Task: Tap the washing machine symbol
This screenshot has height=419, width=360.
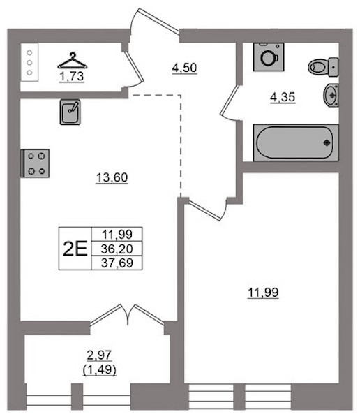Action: [269, 57]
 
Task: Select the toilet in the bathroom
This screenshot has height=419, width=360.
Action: [323, 67]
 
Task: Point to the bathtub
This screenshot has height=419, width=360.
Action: [296, 142]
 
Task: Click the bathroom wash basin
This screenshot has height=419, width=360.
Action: [331, 95]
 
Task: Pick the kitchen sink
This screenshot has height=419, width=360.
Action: [70, 112]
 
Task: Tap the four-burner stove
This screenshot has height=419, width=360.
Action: [35, 163]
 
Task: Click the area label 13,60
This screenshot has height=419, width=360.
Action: [112, 177]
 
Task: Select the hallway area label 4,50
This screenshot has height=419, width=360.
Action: [185, 68]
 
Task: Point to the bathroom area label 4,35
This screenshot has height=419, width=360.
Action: [283, 97]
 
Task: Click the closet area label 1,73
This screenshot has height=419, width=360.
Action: [72, 77]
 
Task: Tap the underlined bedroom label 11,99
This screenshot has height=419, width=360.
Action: [263, 293]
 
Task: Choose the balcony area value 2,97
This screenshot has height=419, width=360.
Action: [99, 355]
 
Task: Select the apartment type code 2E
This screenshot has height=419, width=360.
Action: [75, 249]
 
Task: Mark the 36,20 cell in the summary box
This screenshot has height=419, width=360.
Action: [117, 249]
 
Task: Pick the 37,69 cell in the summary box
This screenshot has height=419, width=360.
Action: [117, 263]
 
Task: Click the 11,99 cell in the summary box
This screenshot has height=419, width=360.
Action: [117, 235]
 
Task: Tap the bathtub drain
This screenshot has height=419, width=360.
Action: [327, 143]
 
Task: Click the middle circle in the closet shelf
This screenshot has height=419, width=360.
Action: [29, 63]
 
